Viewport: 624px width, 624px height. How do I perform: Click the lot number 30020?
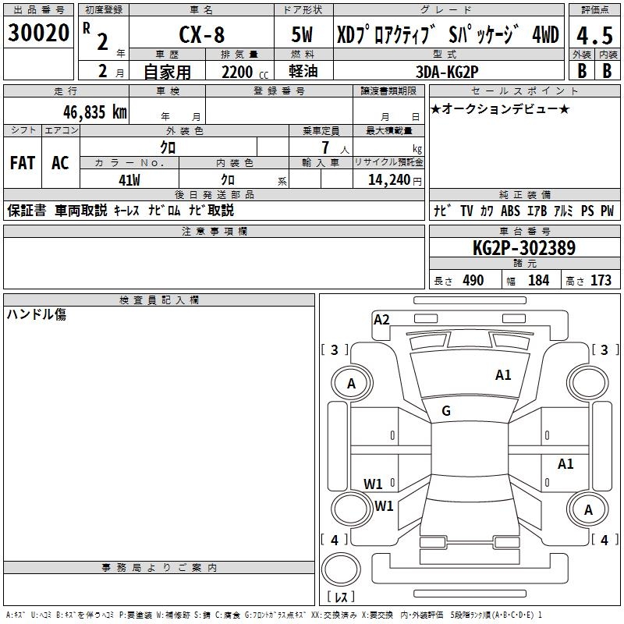click(x=38, y=33)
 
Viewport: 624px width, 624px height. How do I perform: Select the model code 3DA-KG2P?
click(x=448, y=71)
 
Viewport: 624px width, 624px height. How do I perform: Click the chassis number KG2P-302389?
click(x=524, y=249)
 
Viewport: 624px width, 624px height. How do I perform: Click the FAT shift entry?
click(x=22, y=163)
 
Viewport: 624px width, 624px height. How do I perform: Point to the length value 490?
click(x=473, y=280)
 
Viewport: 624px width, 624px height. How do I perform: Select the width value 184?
click(x=539, y=280)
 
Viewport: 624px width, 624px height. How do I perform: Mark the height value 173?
click(x=601, y=280)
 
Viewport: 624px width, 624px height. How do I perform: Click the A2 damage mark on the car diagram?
click(x=381, y=319)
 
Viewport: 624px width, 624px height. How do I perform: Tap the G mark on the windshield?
click(x=446, y=411)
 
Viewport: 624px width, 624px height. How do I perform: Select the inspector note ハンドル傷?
click(x=37, y=314)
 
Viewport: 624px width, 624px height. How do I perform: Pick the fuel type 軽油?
click(x=303, y=71)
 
